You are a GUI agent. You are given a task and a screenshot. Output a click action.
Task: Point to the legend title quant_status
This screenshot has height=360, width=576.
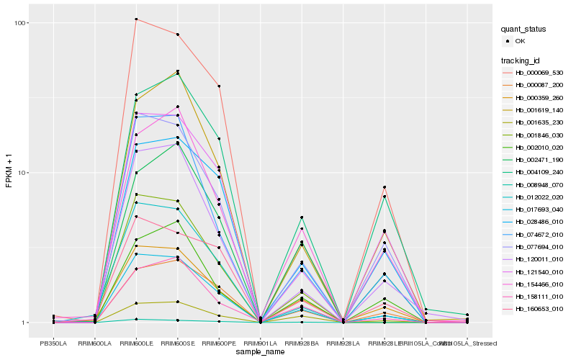click(x=524, y=29)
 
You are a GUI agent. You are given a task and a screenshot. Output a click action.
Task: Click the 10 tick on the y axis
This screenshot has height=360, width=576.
click(x=23, y=173)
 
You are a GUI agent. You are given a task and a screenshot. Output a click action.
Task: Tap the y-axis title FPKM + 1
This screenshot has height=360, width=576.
click(x=9, y=173)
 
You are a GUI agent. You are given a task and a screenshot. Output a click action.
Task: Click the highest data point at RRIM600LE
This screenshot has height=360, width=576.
click(x=136, y=19)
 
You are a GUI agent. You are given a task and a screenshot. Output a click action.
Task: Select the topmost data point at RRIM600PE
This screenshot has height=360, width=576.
click(x=219, y=86)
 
